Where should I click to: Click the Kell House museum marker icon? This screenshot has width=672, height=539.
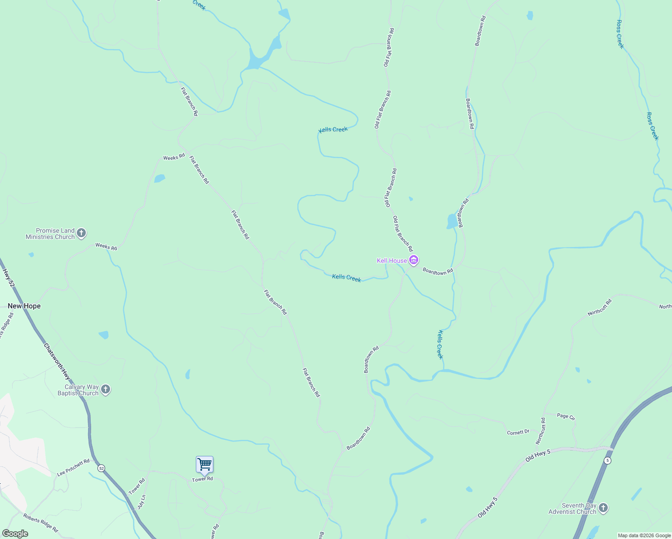pos(414,260)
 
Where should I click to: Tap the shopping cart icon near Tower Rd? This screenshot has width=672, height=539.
pos(204,464)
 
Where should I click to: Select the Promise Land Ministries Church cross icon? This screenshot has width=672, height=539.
pos(81,233)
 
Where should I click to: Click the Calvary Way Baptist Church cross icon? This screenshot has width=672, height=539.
pos(106,389)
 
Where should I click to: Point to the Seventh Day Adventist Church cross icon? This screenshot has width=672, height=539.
pos(603,508)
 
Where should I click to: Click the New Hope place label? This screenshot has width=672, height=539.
pos(24,306)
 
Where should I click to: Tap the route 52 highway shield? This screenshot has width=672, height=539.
pos(102,468)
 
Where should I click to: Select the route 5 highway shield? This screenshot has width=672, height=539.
pos(607,460)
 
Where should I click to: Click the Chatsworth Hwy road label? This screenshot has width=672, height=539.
pos(57,362)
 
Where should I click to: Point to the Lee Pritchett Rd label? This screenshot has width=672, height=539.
pos(73,468)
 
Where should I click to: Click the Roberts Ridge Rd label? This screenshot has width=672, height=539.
pos(41,523)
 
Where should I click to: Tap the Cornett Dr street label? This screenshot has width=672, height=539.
pos(518,432)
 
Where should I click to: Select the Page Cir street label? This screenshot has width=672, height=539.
pos(566,416)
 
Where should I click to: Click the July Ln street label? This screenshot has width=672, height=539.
pos(141,502)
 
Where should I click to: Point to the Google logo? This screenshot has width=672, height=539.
pos(15,533)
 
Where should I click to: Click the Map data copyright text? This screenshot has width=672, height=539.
pos(644,535)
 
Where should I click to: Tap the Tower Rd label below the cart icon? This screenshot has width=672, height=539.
pos(202,479)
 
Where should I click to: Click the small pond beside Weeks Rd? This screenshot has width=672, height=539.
pos(159,178)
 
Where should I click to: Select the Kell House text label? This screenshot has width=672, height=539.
pos(392,261)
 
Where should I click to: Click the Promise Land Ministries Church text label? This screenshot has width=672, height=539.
pos(50,234)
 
